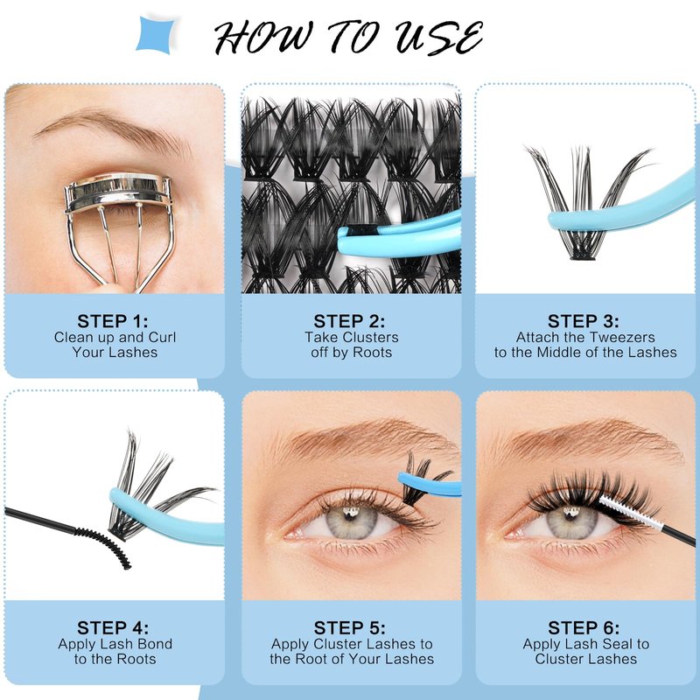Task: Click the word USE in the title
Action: coord(439,38)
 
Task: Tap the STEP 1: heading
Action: coord(113,321)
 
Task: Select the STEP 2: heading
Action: coord(349,321)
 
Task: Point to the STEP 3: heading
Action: coord(584,321)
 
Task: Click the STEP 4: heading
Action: coord(113,627)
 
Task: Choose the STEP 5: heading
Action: coord(349,627)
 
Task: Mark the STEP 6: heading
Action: coord(584,627)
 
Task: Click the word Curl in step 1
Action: coord(163,337)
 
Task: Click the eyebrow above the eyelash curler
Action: coord(114,129)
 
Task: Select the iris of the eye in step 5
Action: coord(353,521)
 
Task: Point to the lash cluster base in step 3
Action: coord(583,256)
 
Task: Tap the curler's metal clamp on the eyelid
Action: coord(117,190)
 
